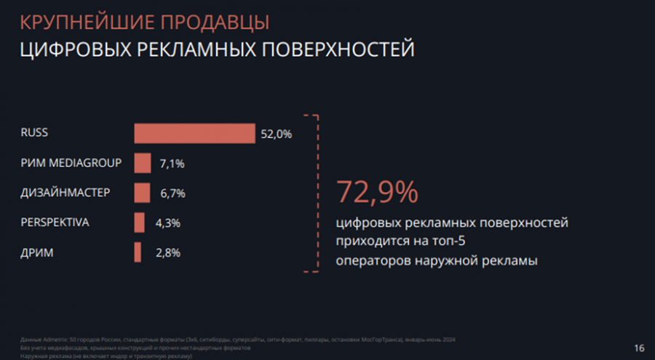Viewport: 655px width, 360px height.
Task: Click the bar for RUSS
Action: (x=194, y=134)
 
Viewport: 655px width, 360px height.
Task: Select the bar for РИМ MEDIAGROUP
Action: (x=142, y=163)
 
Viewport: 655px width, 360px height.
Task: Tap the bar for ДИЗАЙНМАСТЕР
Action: (x=141, y=193)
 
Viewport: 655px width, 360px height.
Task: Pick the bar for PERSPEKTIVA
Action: (x=139, y=223)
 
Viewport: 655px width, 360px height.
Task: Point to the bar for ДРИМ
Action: (x=138, y=252)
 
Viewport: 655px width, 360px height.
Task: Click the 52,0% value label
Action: (x=276, y=134)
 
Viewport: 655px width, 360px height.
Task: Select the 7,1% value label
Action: (x=172, y=164)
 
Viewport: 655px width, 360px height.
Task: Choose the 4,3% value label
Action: (x=167, y=223)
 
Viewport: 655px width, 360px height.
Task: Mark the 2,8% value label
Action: (x=167, y=253)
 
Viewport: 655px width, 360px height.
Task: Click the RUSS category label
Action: (x=34, y=132)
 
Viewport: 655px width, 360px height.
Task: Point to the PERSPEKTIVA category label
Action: (x=55, y=222)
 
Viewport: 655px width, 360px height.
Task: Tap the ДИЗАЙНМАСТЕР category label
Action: (x=65, y=192)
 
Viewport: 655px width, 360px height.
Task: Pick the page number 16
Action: (x=639, y=348)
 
